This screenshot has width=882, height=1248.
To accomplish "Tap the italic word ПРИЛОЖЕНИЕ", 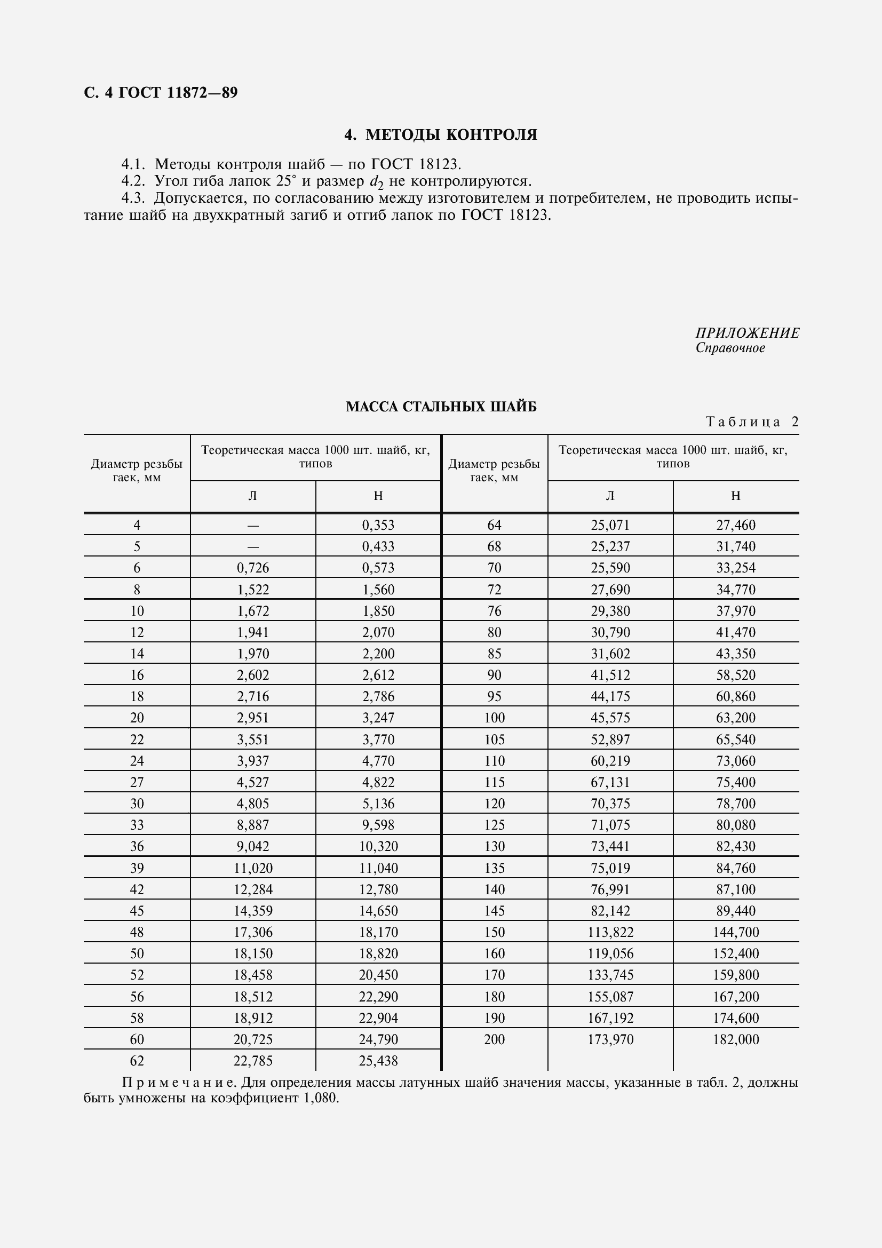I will (746, 332).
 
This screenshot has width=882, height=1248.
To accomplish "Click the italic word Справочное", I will (730, 348).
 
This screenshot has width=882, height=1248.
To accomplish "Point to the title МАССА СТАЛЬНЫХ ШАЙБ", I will (441, 407).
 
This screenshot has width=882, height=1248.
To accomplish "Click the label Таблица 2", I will (752, 422).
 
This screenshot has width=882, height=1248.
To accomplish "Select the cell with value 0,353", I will (378, 525).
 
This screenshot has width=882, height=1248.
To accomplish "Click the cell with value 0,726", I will (253, 568).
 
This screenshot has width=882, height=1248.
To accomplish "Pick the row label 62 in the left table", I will (137, 1061).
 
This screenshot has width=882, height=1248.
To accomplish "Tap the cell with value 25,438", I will (378, 1061).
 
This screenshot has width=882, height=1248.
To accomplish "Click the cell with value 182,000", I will (736, 1039).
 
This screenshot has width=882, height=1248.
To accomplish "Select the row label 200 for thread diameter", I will (494, 1039).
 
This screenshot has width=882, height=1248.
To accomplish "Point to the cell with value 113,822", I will (610, 932).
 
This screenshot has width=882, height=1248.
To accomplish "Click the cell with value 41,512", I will (610, 675).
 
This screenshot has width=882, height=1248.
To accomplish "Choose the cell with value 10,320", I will (378, 846).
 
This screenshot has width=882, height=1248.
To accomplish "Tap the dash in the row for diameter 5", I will (253, 547).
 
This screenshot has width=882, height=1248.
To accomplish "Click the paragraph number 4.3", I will (133, 198).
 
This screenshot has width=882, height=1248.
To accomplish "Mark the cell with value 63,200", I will (736, 718).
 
